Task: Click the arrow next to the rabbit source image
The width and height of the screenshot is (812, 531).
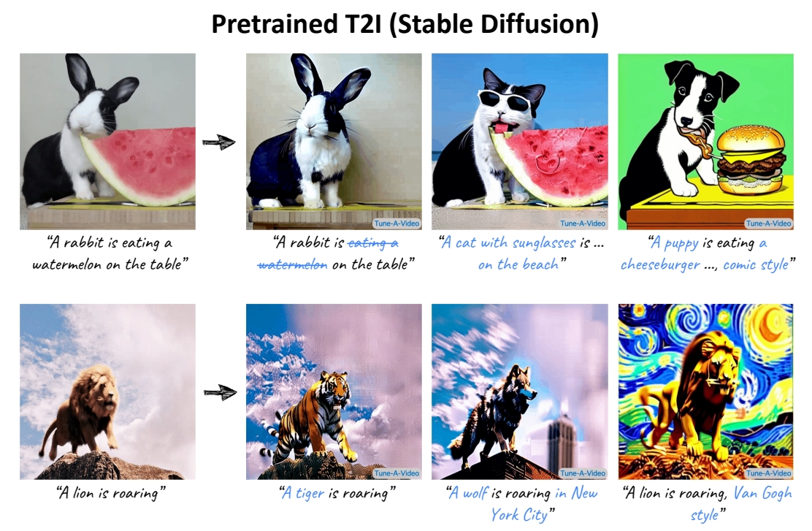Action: (x=219, y=142)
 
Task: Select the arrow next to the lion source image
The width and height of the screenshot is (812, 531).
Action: (x=220, y=393)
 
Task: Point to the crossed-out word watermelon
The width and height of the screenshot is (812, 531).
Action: (x=293, y=264)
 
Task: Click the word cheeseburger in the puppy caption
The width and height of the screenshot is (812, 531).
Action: (x=660, y=264)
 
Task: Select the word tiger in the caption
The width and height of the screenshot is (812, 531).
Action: (x=310, y=493)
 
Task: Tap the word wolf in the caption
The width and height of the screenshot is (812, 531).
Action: (x=475, y=493)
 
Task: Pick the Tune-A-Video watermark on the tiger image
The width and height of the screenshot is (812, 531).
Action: (x=397, y=473)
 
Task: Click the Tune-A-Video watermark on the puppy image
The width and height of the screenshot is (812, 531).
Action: (x=768, y=224)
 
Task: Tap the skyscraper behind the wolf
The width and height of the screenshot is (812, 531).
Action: (x=562, y=440)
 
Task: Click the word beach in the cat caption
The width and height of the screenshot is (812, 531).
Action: (x=540, y=264)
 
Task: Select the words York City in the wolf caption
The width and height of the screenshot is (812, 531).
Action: (x=519, y=514)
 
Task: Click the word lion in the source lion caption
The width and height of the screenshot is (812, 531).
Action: (x=83, y=493)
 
